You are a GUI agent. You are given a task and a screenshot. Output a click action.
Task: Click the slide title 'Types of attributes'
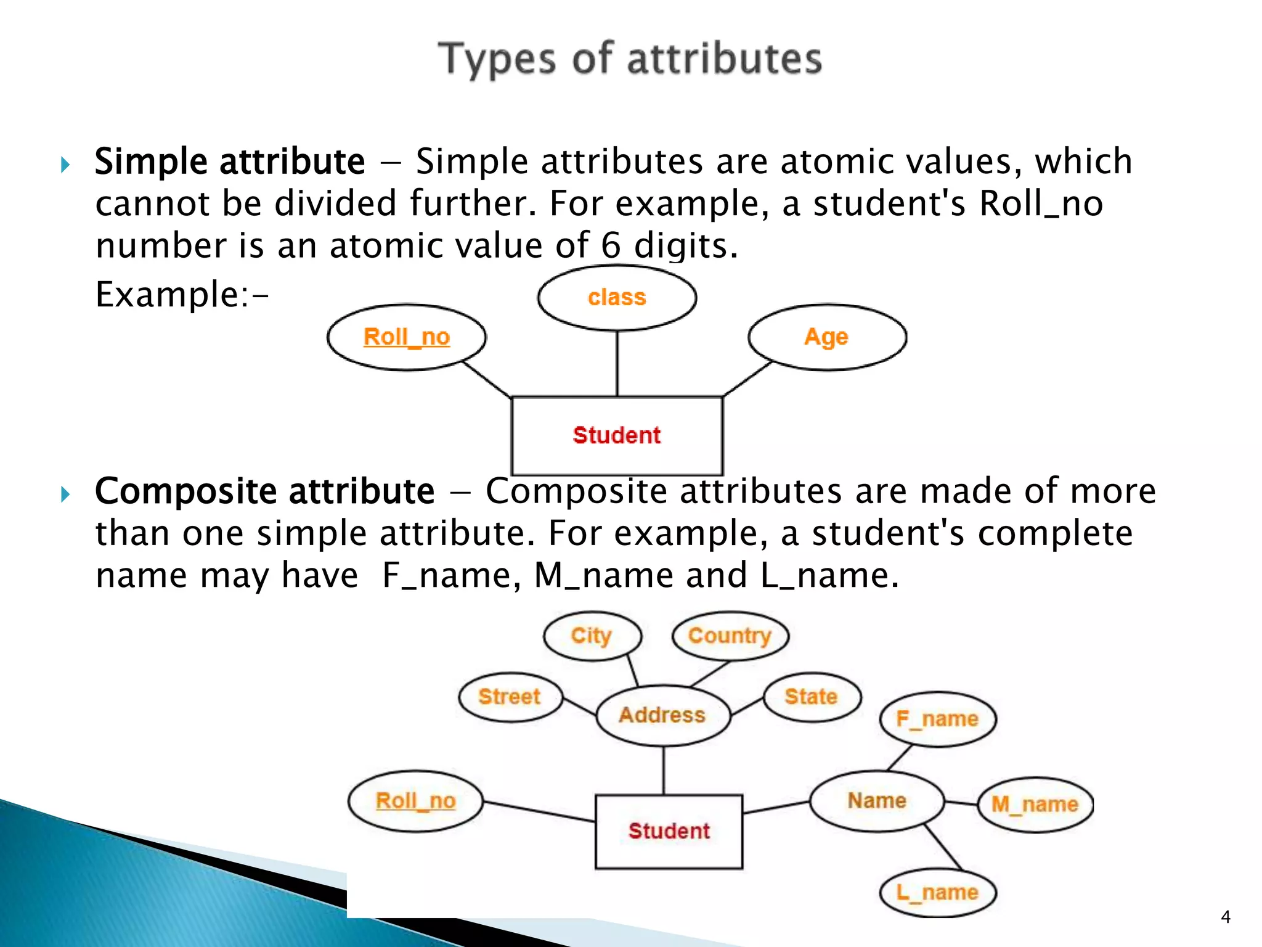click(x=630, y=59)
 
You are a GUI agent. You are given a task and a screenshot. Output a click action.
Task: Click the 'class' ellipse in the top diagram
click(x=617, y=298)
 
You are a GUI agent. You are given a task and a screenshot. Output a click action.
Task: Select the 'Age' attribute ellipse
click(x=827, y=337)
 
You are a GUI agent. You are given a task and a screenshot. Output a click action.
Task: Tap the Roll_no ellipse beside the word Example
click(x=407, y=337)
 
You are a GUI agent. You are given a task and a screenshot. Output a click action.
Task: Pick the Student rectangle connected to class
click(x=617, y=435)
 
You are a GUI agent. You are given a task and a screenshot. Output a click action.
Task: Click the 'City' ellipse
click(x=592, y=636)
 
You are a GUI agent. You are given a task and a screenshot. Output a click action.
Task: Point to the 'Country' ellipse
click(x=730, y=636)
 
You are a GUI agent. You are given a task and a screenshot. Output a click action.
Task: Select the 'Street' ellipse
click(x=510, y=697)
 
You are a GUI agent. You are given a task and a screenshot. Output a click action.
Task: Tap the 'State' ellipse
click(x=811, y=697)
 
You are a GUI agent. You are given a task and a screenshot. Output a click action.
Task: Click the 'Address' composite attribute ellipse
click(x=662, y=715)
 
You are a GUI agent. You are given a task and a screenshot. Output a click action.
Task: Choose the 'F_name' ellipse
click(x=937, y=719)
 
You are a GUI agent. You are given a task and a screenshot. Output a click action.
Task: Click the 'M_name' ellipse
click(x=1035, y=804)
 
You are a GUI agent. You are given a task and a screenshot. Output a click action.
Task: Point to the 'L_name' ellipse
click(x=937, y=892)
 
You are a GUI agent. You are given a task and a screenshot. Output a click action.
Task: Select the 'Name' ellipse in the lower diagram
click(x=877, y=801)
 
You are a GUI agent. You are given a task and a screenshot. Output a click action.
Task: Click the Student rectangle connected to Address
click(x=669, y=831)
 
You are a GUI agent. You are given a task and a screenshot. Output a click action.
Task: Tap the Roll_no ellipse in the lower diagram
click(x=415, y=801)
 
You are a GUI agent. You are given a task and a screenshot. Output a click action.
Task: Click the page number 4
click(x=1226, y=917)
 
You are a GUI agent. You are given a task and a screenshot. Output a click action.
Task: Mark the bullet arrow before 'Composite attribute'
click(x=66, y=494)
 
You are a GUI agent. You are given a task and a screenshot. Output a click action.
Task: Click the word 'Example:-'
click(x=182, y=295)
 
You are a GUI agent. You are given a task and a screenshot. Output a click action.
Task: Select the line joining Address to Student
click(x=664, y=770)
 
